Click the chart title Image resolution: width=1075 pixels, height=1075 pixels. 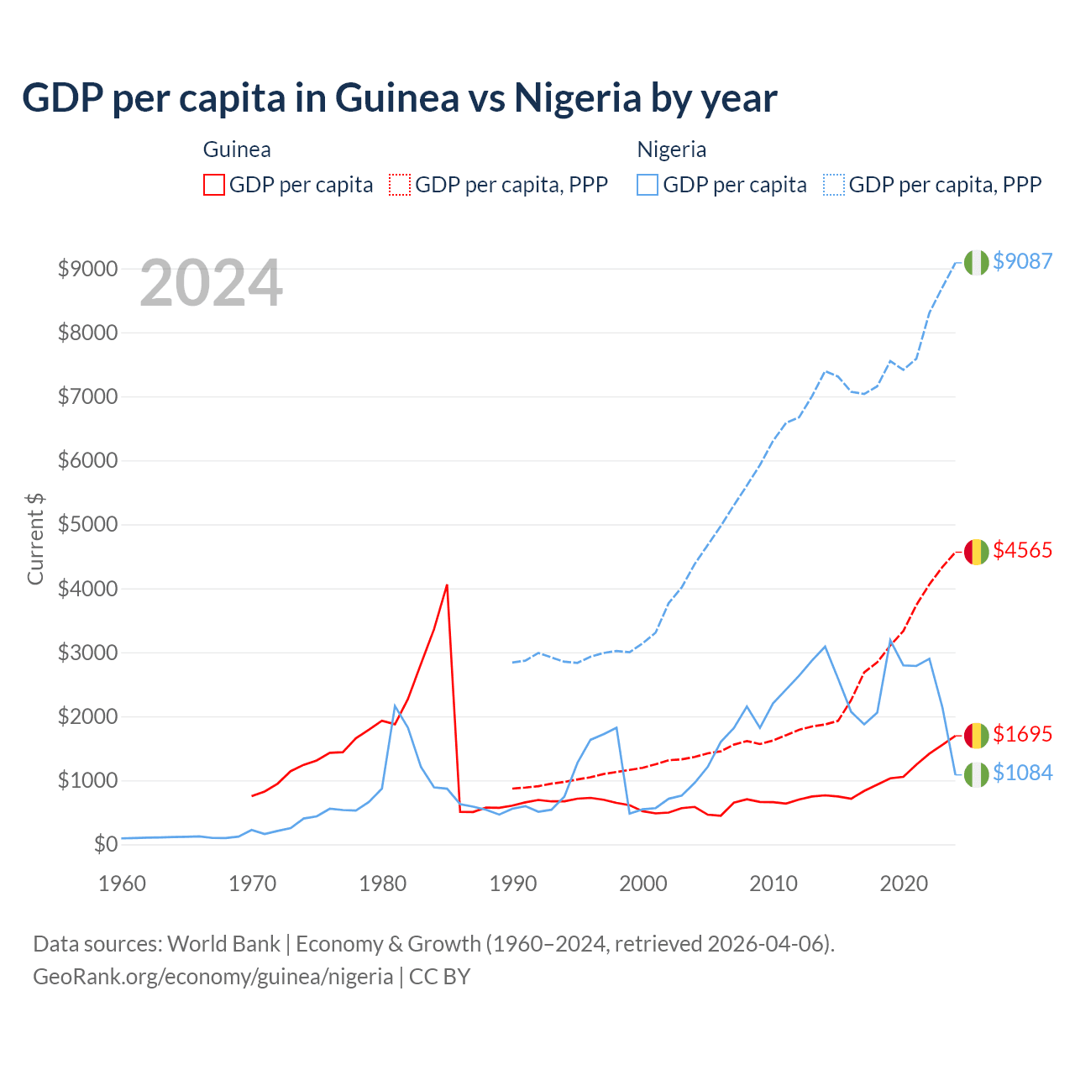tap(400, 98)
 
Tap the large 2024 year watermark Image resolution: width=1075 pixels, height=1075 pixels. tap(211, 284)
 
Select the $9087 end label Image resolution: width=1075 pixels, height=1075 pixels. tap(1022, 261)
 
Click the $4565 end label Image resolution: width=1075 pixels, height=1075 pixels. tap(1022, 550)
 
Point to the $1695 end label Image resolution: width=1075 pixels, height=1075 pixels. tap(1022, 734)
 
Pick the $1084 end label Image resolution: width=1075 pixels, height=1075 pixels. tap(1022, 773)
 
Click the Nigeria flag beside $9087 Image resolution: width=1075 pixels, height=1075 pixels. tap(976, 262)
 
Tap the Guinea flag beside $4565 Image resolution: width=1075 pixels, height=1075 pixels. tap(976, 552)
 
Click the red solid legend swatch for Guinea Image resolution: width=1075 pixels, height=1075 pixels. tap(214, 185)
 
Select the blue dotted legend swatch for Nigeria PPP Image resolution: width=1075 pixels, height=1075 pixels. tap(834, 185)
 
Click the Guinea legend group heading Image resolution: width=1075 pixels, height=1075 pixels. tap(237, 149)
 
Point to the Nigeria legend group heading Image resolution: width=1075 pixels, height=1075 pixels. tap(671, 149)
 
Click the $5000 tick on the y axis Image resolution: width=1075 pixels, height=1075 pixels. tap(87, 525)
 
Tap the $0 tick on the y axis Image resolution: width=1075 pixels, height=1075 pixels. tap(105, 844)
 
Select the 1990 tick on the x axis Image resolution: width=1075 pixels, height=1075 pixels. tap(513, 884)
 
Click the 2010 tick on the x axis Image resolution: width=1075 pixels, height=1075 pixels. tap(773, 884)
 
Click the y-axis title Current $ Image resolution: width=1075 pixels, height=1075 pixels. tap(35, 538)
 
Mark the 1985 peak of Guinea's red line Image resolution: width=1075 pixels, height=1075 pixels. tap(447, 585)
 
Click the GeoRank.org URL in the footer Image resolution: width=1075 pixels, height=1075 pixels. tap(213, 977)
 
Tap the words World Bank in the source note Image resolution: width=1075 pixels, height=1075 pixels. tap(223, 944)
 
